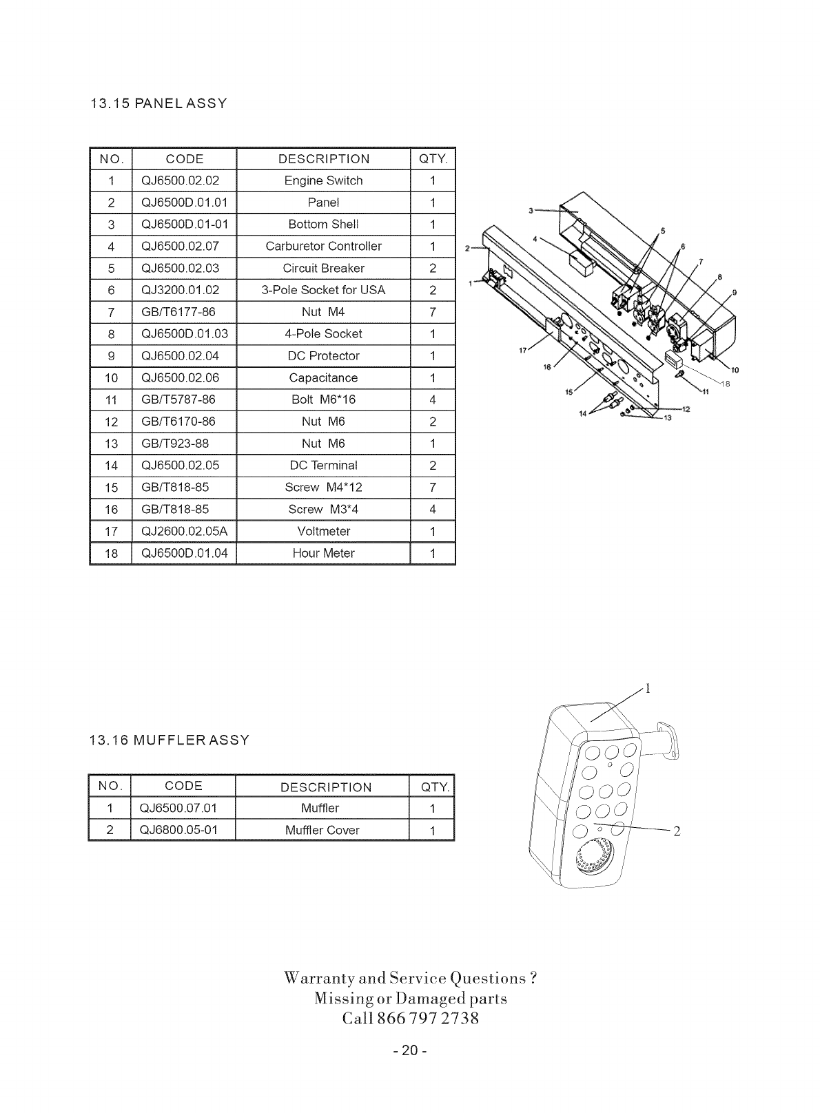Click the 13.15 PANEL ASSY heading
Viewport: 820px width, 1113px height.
click(158, 104)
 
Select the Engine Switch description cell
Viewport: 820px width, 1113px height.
click(323, 180)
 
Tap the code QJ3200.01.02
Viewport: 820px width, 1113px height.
click(180, 290)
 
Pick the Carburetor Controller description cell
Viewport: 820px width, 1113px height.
click(323, 246)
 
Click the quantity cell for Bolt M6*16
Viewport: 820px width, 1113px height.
click(433, 399)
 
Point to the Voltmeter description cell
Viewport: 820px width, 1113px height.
click(323, 531)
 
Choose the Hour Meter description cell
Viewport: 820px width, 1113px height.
click(323, 553)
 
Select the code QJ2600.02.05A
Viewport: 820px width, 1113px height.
click(184, 531)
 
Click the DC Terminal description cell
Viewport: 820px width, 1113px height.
click(323, 466)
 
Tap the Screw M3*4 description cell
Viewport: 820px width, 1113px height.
click(323, 510)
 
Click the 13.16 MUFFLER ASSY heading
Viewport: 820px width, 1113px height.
click(170, 740)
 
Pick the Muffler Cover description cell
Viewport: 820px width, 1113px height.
click(322, 830)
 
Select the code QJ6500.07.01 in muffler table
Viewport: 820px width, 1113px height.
click(178, 808)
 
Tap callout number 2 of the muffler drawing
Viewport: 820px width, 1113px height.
click(677, 831)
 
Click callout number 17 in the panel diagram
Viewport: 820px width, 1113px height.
click(522, 351)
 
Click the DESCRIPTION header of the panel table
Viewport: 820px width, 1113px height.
click(323, 159)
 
